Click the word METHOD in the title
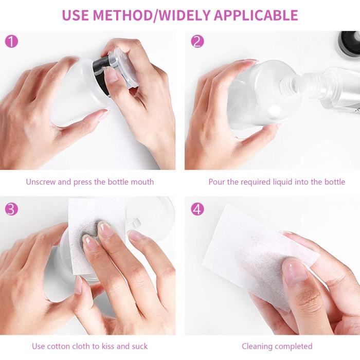point(122,15)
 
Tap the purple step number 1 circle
point(11,42)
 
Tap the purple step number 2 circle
point(197,42)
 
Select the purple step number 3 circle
point(11,209)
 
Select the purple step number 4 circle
point(197,209)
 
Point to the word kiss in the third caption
point(108,346)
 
